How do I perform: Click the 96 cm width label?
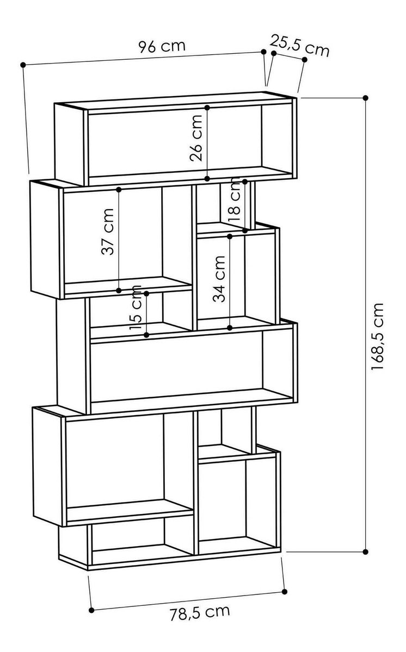click(x=162, y=46)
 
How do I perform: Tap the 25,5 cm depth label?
click(x=299, y=46)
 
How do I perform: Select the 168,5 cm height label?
click(x=378, y=337)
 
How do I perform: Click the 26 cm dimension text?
click(x=196, y=138)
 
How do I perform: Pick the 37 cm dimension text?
click(x=108, y=231)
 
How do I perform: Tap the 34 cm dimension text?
click(x=219, y=279)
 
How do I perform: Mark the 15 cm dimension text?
click(x=136, y=308)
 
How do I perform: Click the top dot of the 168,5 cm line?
click(x=366, y=98)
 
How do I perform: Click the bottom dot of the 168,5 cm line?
click(x=366, y=551)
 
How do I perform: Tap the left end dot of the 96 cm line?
click(x=23, y=65)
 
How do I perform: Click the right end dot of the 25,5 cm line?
click(x=305, y=60)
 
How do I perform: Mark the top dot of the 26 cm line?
click(x=207, y=108)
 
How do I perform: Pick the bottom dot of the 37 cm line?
click(x=119, y=291)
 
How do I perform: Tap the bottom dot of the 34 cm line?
click(x=230, y=328)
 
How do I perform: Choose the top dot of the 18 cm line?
click(x=245, y=181)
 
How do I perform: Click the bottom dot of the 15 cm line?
click(x=146, y=335)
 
